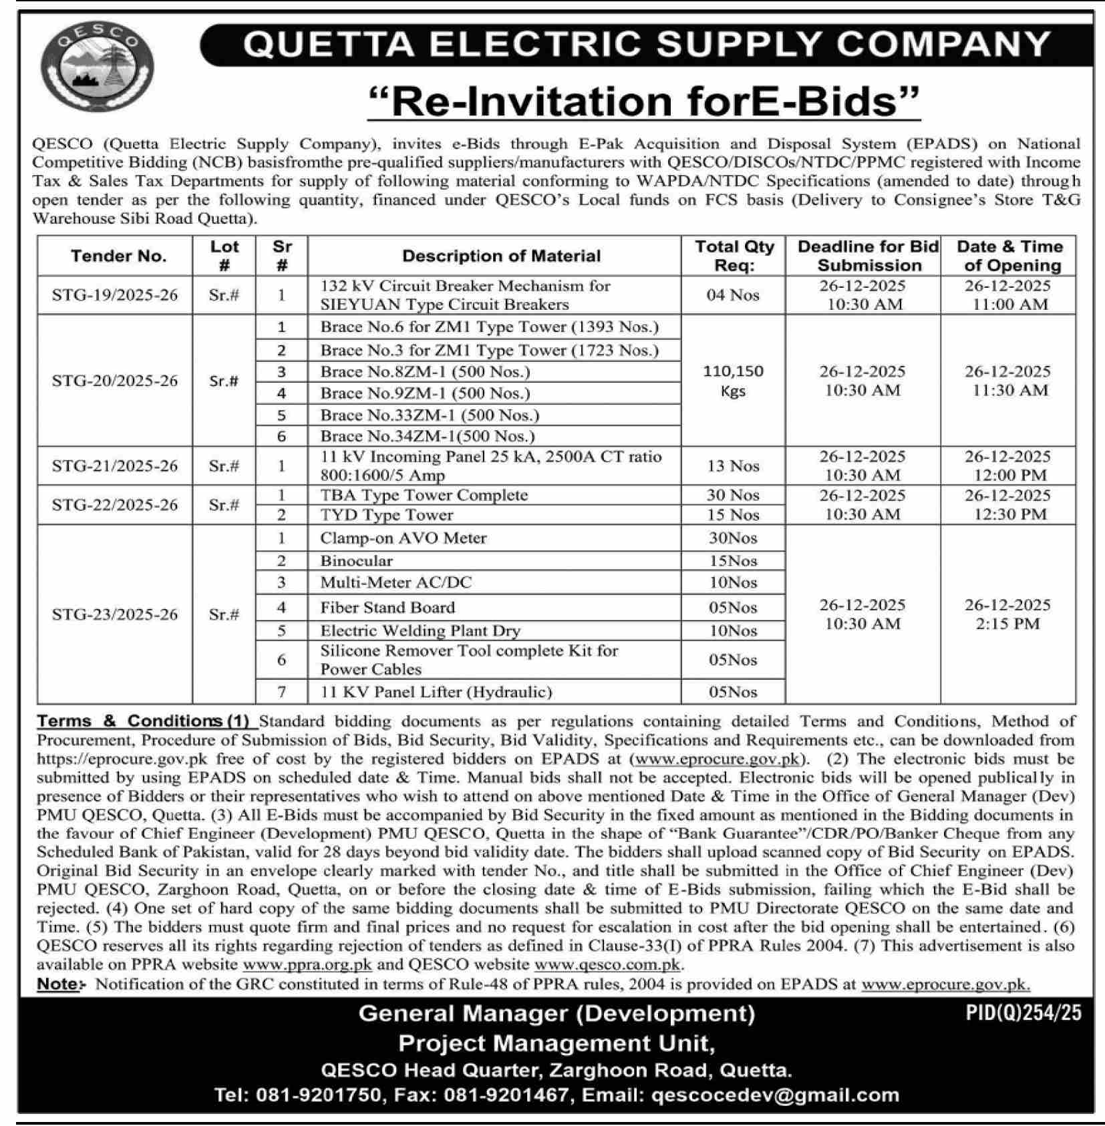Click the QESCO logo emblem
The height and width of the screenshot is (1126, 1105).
[98, 67]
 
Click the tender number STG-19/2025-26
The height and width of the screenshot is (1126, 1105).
[115, 295]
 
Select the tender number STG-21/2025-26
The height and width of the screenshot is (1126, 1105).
[115, 466]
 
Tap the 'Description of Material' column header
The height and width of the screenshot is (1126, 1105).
[501, 256]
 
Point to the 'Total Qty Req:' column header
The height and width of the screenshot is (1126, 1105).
[734, 256]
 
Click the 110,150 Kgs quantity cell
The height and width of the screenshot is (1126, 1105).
[733, 381]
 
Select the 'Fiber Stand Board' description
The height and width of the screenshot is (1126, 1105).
[387, 608]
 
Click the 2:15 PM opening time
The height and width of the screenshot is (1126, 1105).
[1007, 624]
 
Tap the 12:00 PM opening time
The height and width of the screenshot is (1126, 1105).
[1007, 476]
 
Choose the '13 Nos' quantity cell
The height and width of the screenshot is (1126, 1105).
[733, 466]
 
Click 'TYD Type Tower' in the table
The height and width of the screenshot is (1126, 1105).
[386, 515]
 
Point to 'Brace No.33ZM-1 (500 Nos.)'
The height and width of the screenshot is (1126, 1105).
[430, 415]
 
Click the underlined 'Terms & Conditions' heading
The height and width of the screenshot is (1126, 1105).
[130, 721]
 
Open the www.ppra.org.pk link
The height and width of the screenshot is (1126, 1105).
[307, 964]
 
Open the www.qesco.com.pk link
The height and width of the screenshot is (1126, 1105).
[607, 964]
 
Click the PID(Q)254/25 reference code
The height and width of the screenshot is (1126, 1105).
[1023, 1013]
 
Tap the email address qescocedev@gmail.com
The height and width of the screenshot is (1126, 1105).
[774, 1095]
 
